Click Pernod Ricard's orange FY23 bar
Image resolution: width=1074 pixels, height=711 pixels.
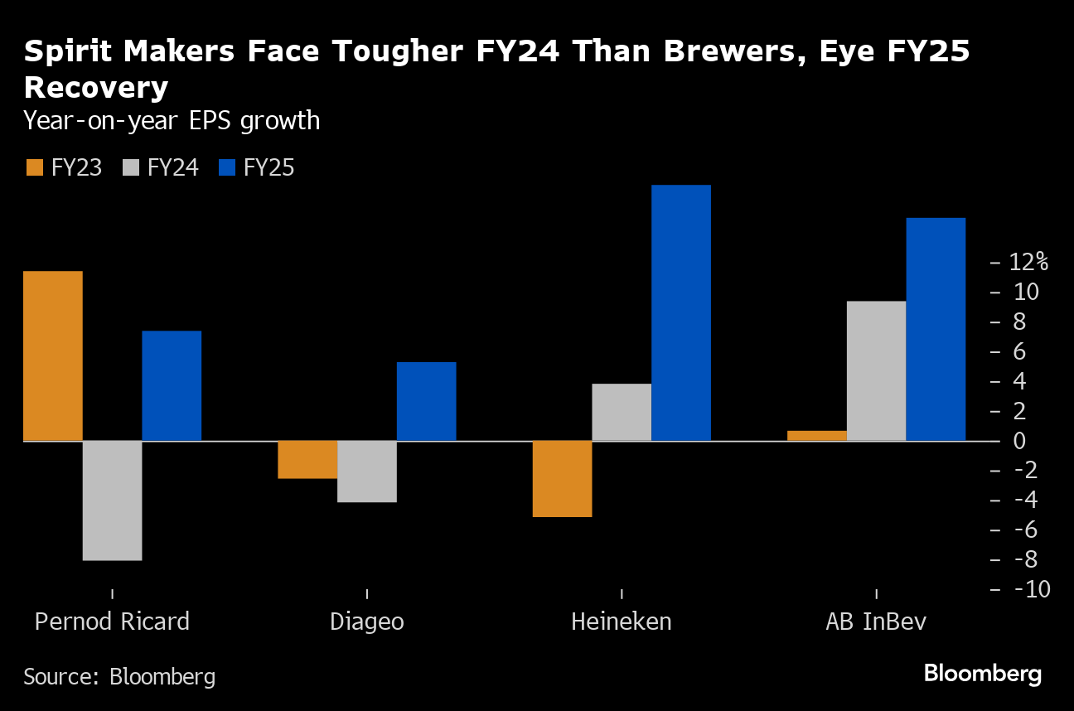point(53,355)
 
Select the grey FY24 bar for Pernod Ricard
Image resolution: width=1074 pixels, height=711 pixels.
point(113,501)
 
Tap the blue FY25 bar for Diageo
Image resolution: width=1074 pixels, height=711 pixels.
point(426,401)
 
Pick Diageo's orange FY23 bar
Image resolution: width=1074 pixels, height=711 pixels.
point(307,459)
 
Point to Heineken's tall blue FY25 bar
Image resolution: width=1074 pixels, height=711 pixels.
point(681,312)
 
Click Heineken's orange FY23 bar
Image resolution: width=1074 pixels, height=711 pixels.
point(562,478)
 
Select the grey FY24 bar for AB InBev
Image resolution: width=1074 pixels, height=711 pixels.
point(876,370)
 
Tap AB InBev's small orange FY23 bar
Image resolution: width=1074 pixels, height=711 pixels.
point(817,435)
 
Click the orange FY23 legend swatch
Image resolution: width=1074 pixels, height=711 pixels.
point(33,167)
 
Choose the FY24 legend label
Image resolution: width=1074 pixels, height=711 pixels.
point(172,167)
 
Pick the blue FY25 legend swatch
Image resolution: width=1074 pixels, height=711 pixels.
point(227,167)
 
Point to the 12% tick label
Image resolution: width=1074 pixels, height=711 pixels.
point(1028,262)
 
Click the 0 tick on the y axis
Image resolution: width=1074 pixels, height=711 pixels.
point(1020,440)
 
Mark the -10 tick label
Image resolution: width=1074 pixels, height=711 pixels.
point(1026,589)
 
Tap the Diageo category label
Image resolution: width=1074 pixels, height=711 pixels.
point(367,622)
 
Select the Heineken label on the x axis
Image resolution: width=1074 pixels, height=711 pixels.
point(622,622)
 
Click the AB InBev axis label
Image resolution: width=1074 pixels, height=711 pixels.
point(876,622)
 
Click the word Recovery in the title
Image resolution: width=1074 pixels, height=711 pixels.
point(96,87)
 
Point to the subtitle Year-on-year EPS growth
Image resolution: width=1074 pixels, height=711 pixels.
point(172,121)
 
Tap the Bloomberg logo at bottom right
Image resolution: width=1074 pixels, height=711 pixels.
point(983,673)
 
